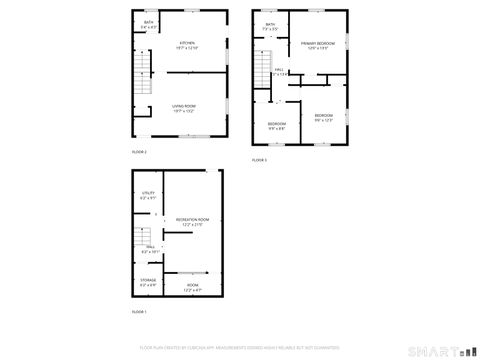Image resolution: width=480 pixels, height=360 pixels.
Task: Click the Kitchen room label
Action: click(x=187, y=45)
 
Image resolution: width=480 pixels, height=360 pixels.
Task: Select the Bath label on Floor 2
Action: click(x=148, y=24)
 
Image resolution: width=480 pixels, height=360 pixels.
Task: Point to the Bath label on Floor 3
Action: click(x=269, y=27)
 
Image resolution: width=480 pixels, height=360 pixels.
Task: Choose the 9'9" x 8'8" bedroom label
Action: click(x=276, y=125)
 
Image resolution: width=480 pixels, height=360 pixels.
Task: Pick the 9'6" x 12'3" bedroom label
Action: click(x=323, y=118)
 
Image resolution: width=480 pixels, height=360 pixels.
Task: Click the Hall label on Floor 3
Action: click(x=281, y=71)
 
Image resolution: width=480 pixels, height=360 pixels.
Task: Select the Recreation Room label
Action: click(x=192, y=221)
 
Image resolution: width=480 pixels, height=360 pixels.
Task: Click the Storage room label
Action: click(x=148, y=282)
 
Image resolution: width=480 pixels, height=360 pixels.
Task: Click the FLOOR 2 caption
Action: click(x=139, y=151)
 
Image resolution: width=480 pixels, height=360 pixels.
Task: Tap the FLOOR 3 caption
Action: click(x=258, y=160)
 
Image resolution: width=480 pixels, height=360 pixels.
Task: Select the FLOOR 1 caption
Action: click(x=139, y=312)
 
